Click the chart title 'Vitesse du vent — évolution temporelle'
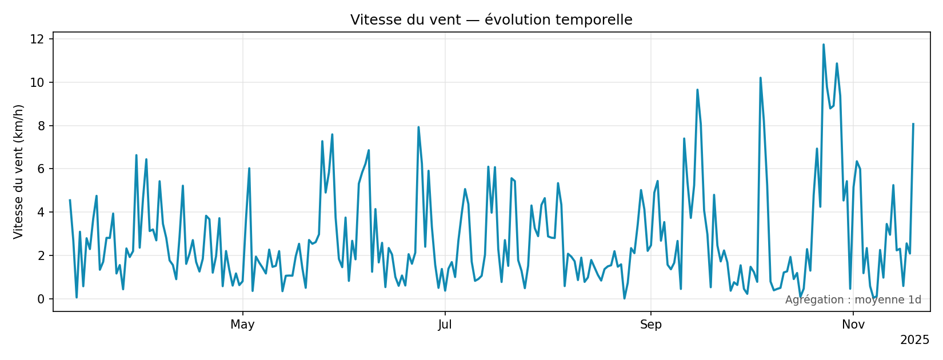(x=491, y=20)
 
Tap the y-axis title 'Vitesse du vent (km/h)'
(x=19, y=171)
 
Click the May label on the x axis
(x=242, y=325)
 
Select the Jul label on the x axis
(x=445, y=325)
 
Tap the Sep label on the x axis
(x=650, y=325)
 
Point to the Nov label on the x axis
(x=853, y=325)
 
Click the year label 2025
(x=914, y=341)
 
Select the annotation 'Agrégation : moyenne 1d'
(x=853, y=300)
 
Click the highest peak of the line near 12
(x=824, y=45)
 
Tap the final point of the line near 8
(x=913, y=124)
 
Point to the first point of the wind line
(x=70, y=200)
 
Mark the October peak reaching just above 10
(x=760, y=78)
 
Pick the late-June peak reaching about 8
(x=418, y=127)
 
